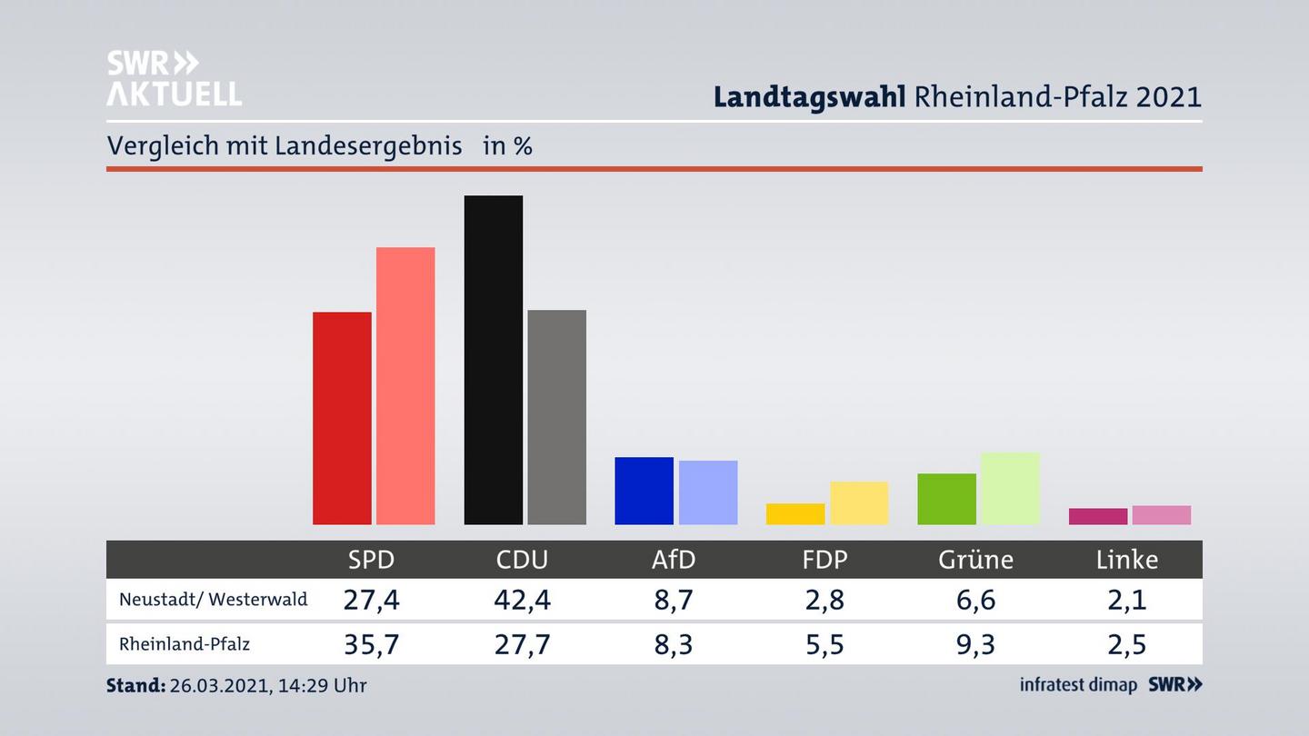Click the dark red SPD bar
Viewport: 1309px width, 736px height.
pyautogui.click(x=342, y=418)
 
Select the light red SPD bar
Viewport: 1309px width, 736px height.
pyautogui.click(x=405, y=385)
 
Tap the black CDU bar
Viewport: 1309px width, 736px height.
pyautogui.click(x=494, y=360)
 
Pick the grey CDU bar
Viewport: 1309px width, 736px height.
pyautogui.click(x=556, y=417)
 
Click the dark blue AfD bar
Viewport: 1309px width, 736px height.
pyautogui.click(x=645, y=491)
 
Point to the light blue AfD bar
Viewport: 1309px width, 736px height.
pyautogui.click(x=708, y=492)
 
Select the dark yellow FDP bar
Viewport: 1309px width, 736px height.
pyautogui.click(x=795, y=514)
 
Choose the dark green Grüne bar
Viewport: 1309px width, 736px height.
pyautogui.click(x=946, y=499)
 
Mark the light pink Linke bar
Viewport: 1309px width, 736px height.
pyautogui.click(x=1161, y=515)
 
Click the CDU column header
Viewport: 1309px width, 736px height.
pyautogui.click(x=522, y=560)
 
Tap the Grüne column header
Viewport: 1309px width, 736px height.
pyautogui.click(x=975, y=560)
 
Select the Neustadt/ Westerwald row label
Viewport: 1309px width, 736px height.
pyautogui.click(x=214, y=600)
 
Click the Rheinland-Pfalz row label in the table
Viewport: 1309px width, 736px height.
pyautogui.click(x=185, y=644)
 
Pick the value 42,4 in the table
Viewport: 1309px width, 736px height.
pyautogui.click(x=522, y=600)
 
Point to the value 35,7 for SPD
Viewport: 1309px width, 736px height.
pyautogui.click(x=371, y=644)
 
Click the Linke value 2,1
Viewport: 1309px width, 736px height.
pyautogui.click(x=1126, y=600)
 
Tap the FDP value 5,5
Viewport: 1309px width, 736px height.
pyautogui.click(x=824, y=644)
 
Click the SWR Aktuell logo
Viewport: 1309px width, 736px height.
pyautogui.click(x=174, y=78)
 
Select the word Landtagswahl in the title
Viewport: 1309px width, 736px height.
pyautogui.click(x=809, y=96)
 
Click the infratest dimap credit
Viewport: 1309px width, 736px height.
pyautogui.click(x=1078, y=685)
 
